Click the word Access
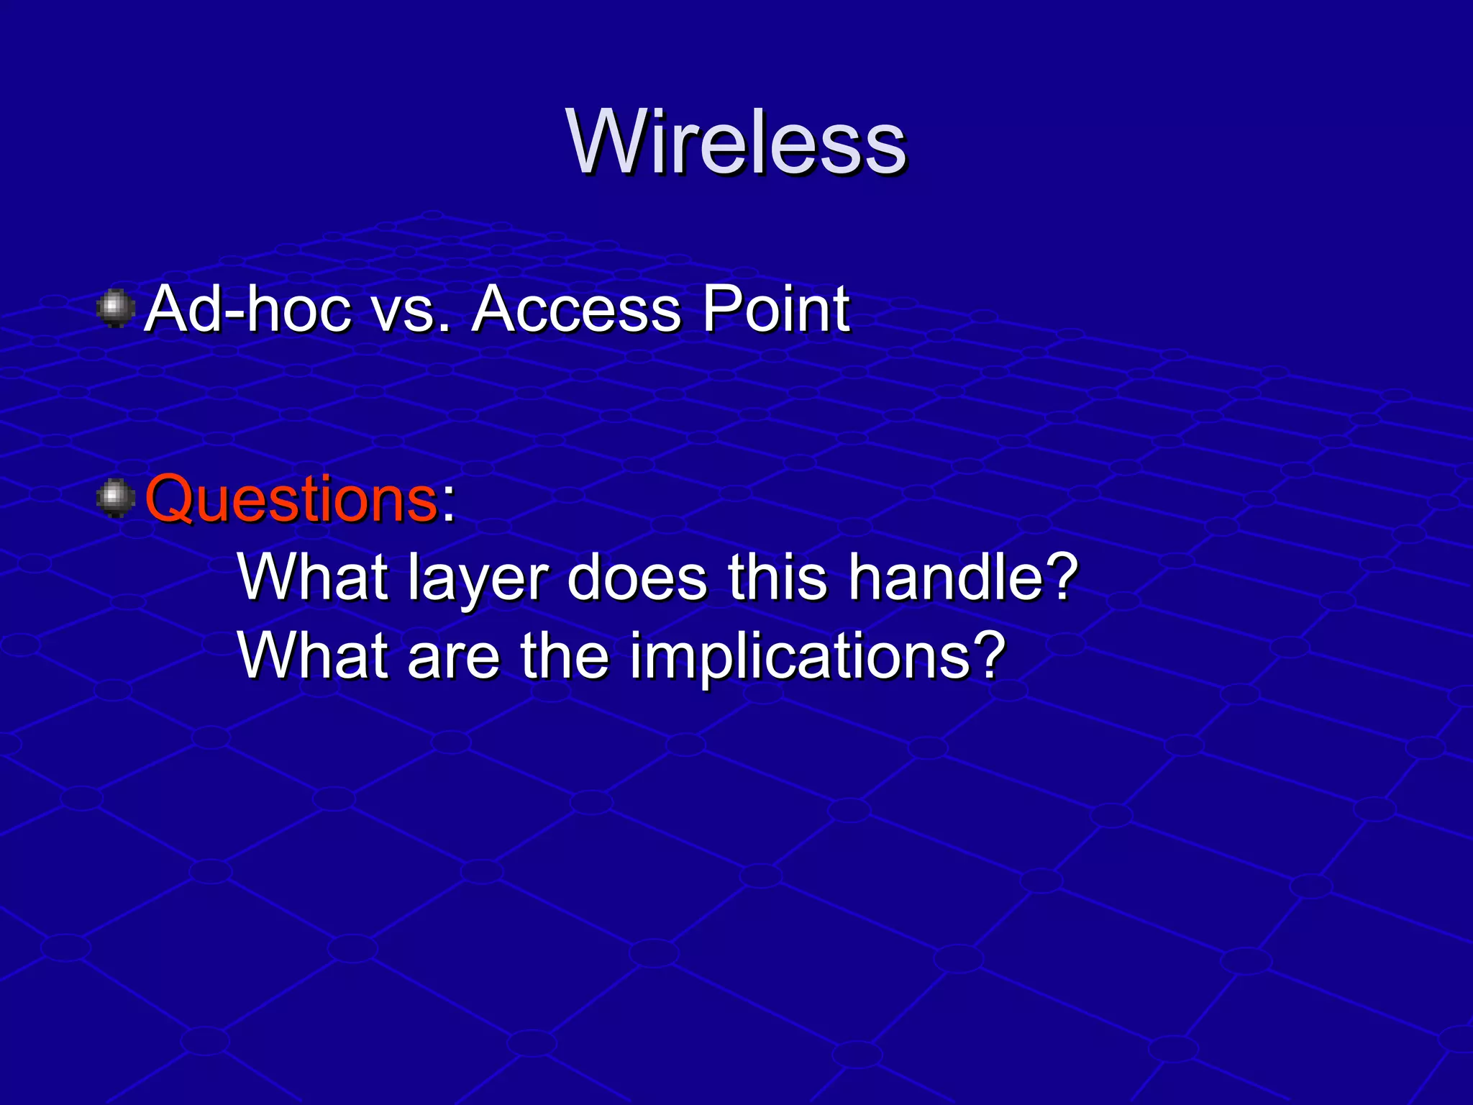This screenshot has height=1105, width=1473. pos(575,309)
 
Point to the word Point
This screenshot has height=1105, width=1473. pos(775,309)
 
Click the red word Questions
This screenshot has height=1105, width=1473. pos(291,499)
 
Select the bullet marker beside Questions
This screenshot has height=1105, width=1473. pos(115,499)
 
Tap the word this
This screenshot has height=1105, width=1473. pos(777,578)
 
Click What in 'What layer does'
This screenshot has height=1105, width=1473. pos(313,578)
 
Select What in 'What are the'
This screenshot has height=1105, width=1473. pos(313,655)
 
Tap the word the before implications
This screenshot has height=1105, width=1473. pos(565,655)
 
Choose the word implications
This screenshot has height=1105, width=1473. pos(795,655)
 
